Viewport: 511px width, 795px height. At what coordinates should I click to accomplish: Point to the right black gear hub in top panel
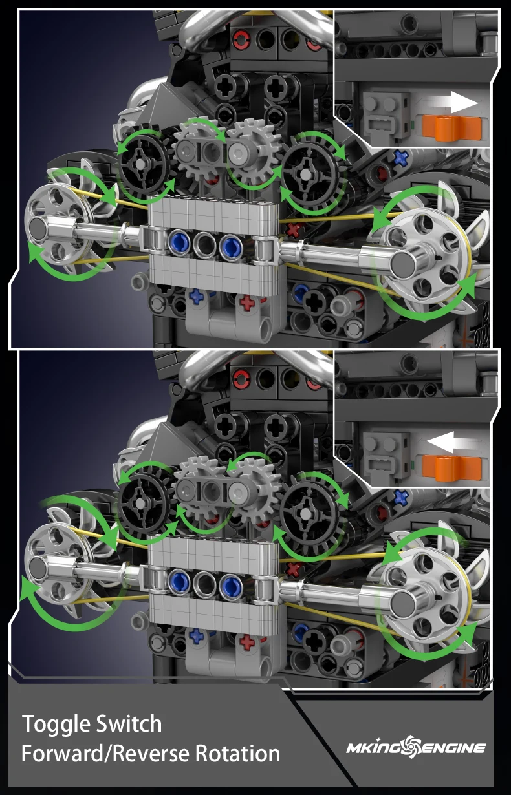(305, 175)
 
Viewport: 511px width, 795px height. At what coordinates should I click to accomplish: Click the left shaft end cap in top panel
(36, 226)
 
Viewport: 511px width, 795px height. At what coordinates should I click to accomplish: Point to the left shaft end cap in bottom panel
(36, 566)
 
